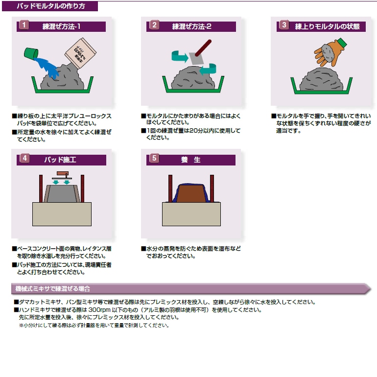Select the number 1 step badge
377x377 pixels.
pos(24,25)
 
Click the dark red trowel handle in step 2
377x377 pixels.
pos(203,47)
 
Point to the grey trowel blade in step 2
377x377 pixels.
pos(196,58)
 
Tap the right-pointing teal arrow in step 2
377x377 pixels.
pos(180,56)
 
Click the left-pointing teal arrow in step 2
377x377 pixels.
pos(208,70)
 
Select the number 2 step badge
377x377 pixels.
pos(154,25)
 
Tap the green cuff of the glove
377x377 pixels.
pos(341,43)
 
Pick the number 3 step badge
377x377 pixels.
pos(284,25)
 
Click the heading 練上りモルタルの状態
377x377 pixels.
pos(327,26)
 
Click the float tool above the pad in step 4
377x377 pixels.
pos(62,175)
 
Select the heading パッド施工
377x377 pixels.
pos(60,160)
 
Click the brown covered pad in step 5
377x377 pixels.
pos(191,193)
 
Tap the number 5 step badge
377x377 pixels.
pos(154,158)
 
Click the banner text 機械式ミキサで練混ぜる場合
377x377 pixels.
pos(52,289)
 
